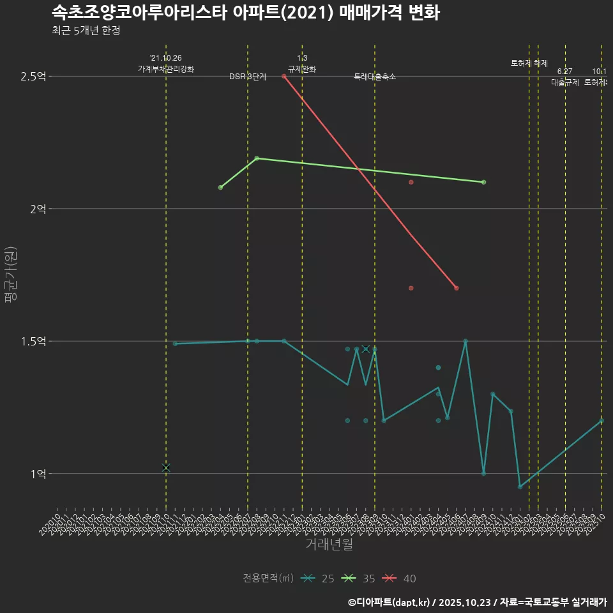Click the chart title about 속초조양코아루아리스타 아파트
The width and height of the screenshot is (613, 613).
[x=245, y=13]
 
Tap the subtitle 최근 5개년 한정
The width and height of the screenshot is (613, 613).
[x=86, y=31]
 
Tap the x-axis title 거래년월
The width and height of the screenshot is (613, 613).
[x=329, y=545]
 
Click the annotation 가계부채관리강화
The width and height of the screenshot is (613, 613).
[x=166, y=69]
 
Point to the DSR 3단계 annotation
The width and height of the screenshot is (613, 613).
[x=248, y=77]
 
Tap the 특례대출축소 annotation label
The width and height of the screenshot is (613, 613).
[x=375, y=77]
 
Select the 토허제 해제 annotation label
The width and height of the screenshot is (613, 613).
[x=529, y=63]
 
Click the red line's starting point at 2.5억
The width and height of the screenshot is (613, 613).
[x=284, y=77]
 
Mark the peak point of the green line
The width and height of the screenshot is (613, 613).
[x=257, y=158]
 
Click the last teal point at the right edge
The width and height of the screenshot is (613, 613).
[x=602, y=421]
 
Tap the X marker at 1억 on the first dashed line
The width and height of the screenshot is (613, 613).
[x=166, y=468]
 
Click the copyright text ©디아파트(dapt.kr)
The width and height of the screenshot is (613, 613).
[x=390, y=602]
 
